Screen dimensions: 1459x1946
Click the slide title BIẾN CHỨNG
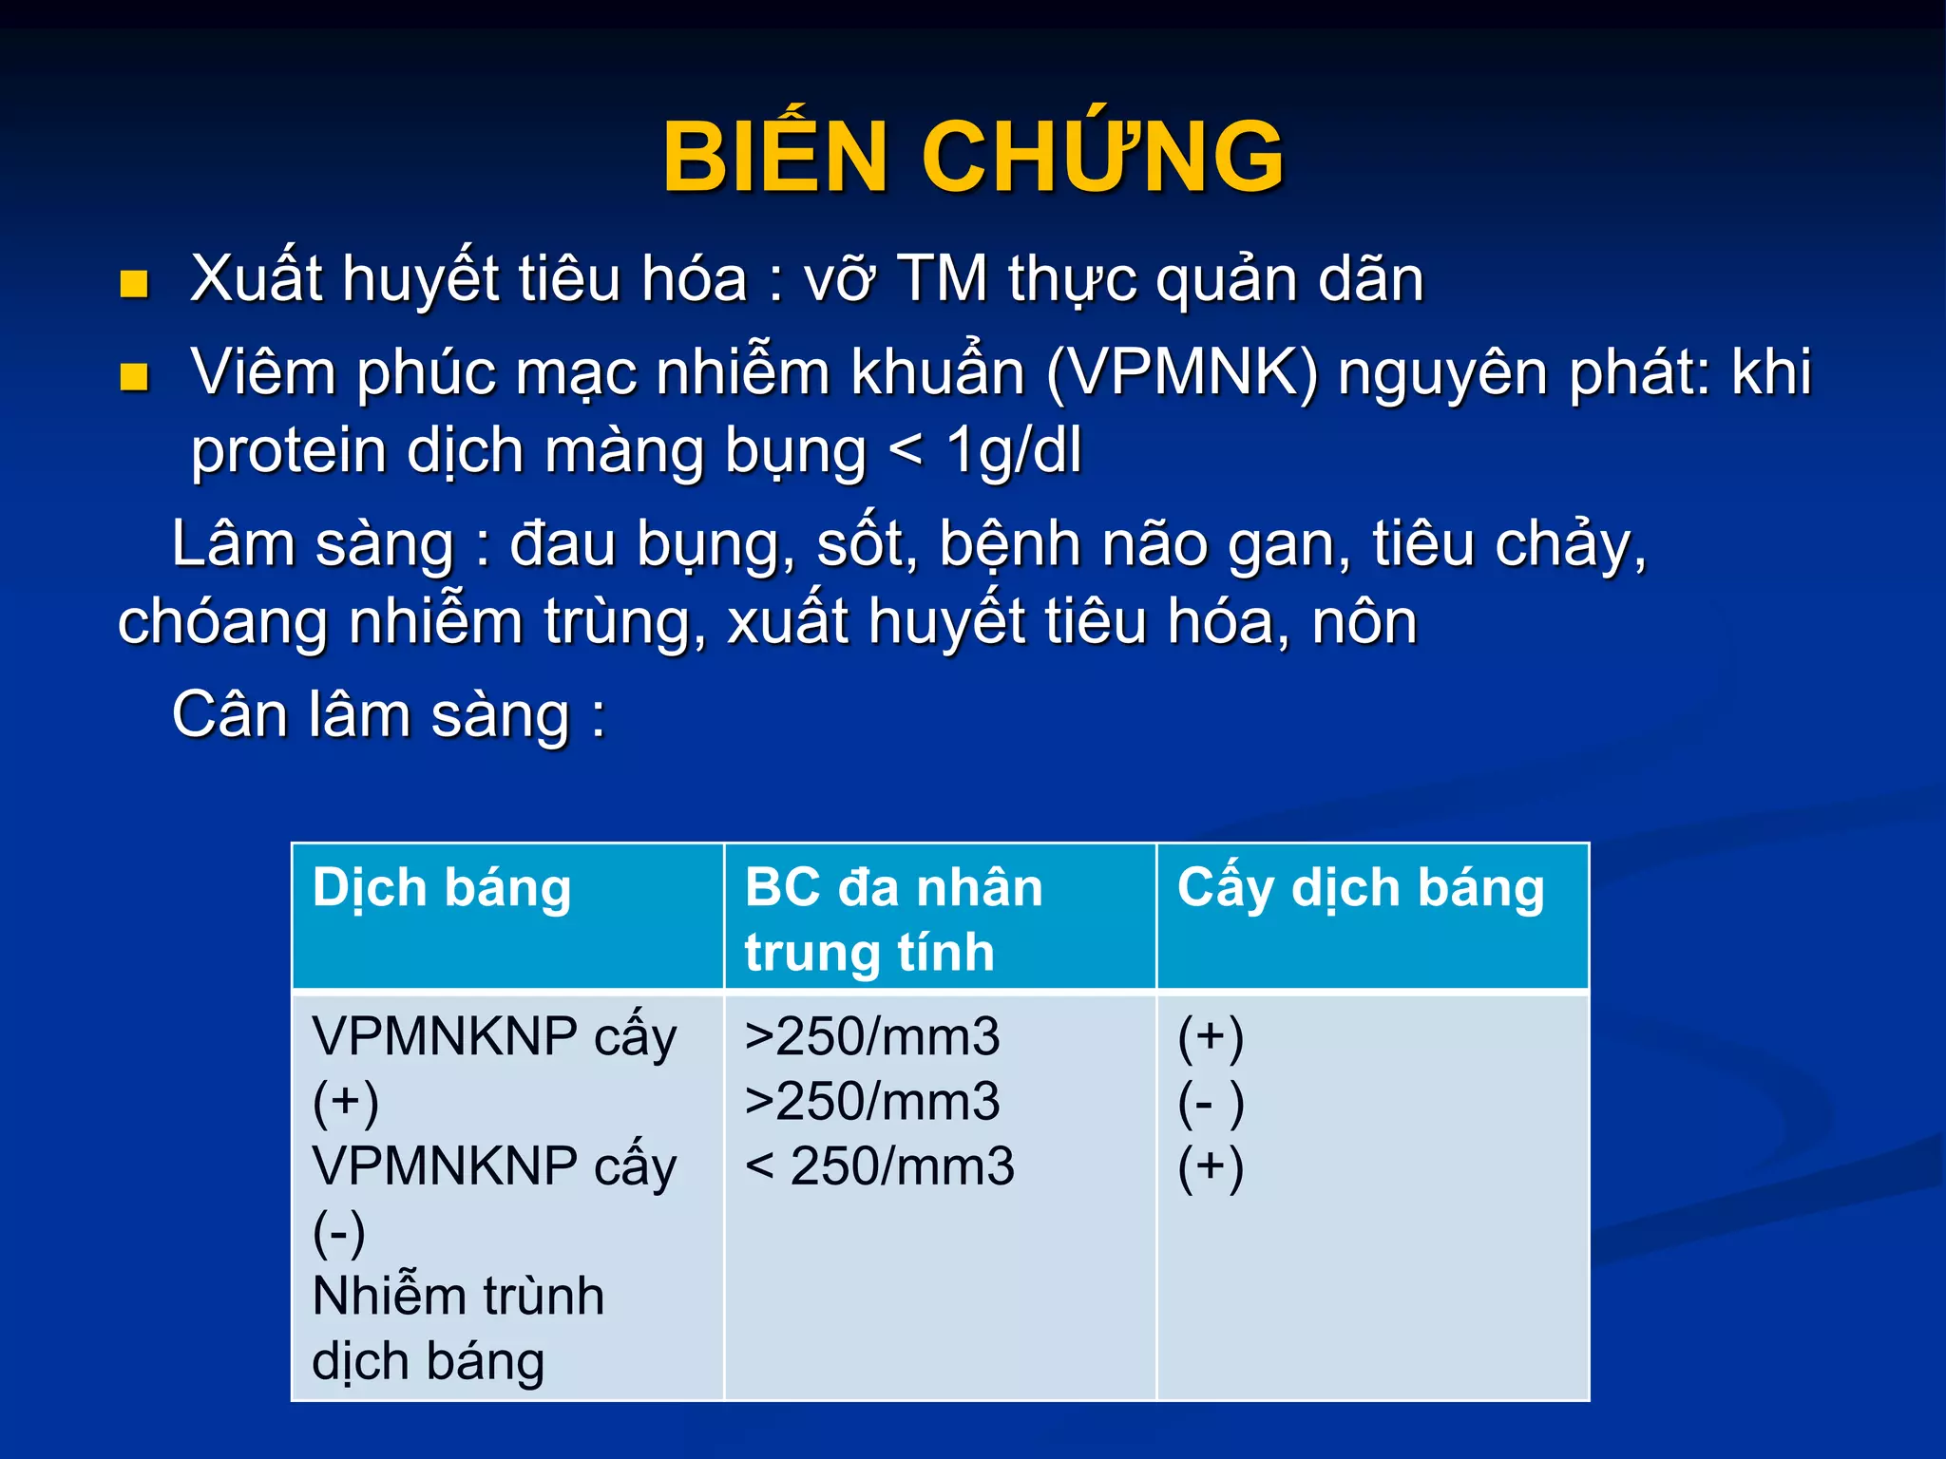click(973, 157)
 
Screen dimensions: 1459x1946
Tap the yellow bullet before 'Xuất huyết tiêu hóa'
click(134, 284)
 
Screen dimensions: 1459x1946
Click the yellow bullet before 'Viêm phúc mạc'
click(134, 377)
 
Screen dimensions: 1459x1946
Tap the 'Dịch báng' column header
click(442, 889)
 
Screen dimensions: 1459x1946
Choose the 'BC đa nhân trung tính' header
click(893, 919)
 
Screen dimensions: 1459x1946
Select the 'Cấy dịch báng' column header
click(1361, 889)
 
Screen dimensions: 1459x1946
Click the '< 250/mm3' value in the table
click(879, 1166)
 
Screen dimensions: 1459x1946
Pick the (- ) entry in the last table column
click(1211, 1103)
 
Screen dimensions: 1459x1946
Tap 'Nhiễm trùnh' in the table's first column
click(458, 1296)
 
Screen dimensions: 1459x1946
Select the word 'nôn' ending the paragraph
click(1364, 623)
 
